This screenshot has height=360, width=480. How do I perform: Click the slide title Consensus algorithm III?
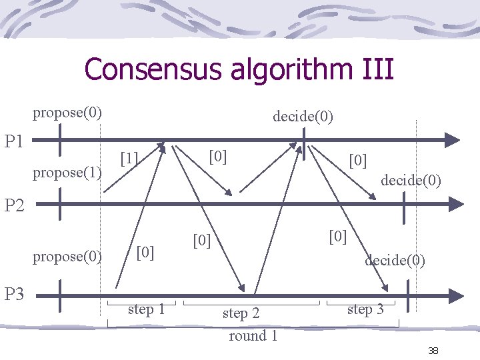point(239,69)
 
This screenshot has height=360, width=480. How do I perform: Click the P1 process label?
point(15,141)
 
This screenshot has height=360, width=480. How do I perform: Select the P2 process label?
point(15,205)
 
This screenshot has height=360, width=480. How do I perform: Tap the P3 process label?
point(15,293)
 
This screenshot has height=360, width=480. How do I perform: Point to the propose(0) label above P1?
point(67,112)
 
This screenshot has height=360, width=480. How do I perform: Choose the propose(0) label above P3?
point(67,257)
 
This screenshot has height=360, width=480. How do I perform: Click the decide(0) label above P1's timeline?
point(303,117)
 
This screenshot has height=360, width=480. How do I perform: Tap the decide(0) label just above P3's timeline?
point(395,260)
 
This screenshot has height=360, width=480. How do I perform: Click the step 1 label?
point(147,309)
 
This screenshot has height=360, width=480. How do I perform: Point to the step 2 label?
point(241,313)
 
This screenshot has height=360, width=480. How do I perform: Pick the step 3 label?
point(365,309)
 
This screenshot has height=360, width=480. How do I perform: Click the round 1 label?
point(253,335)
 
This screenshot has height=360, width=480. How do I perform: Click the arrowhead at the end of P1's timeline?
point(453,139)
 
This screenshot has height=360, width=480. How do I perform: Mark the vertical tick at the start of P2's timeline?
point(60,203)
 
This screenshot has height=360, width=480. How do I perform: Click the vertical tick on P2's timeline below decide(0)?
point(403,203)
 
